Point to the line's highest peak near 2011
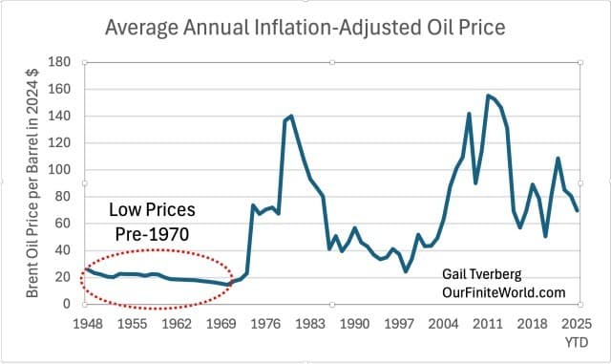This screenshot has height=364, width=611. pos(488,96)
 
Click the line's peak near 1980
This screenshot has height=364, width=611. pos(290,116)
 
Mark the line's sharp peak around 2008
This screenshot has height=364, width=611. pos(469,114)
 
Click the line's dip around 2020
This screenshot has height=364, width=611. pos(545,236)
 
